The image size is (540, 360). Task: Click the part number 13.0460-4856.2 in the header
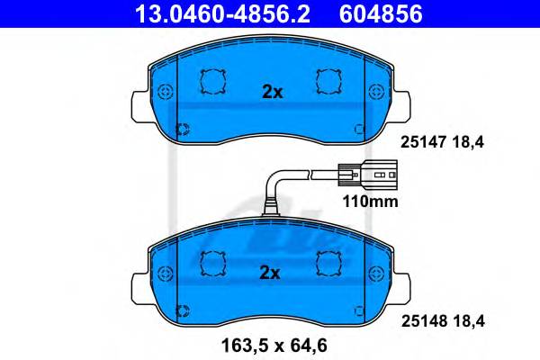pos(222,13)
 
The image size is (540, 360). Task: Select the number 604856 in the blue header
pos(381,13)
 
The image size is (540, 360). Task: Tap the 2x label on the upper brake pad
pos(272,92)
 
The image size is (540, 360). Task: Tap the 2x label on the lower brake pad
pos(270,273)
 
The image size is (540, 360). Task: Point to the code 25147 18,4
pos(442,142)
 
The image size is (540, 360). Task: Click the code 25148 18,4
pos(443,321)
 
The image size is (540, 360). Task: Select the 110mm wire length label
pos(370,202)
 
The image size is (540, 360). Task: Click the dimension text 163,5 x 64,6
pos(274,346)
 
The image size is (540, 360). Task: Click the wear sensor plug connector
pos(368,175)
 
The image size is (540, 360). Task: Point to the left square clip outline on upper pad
pos(213,82)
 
